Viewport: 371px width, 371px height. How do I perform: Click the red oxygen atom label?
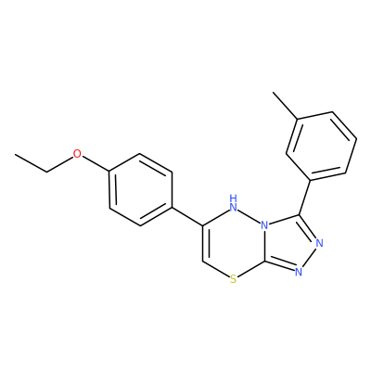[77, 153]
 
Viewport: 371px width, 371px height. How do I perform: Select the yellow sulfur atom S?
[234, 280]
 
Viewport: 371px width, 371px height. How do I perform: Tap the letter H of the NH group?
[234, 198]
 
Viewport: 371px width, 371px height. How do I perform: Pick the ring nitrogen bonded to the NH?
[264, 225]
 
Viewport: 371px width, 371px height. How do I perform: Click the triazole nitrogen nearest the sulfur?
[298, 272]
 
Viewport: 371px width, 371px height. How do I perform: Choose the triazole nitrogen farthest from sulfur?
[319, 243]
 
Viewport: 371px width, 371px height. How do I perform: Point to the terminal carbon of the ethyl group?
[16, 154]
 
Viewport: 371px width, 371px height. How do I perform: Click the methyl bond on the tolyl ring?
[285, 105]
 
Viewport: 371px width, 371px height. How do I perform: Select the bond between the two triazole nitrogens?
[309, 257]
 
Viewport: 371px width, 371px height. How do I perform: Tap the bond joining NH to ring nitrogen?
[249, 216]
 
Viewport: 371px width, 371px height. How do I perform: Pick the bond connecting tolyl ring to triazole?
[305, 197]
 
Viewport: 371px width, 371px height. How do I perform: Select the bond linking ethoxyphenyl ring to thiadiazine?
[187, 216]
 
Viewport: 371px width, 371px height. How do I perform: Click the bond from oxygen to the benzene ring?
[96, 163]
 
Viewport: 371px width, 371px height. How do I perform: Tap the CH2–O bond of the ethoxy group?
[59, 163]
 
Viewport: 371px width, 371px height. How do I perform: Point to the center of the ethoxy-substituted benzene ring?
[140, 189]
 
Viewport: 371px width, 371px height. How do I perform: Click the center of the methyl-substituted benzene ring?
[322, 146]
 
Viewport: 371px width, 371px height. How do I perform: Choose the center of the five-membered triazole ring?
[289, 243]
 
